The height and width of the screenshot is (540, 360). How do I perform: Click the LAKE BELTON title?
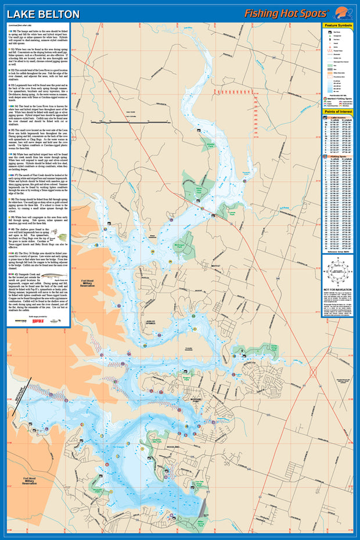point(44,15)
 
